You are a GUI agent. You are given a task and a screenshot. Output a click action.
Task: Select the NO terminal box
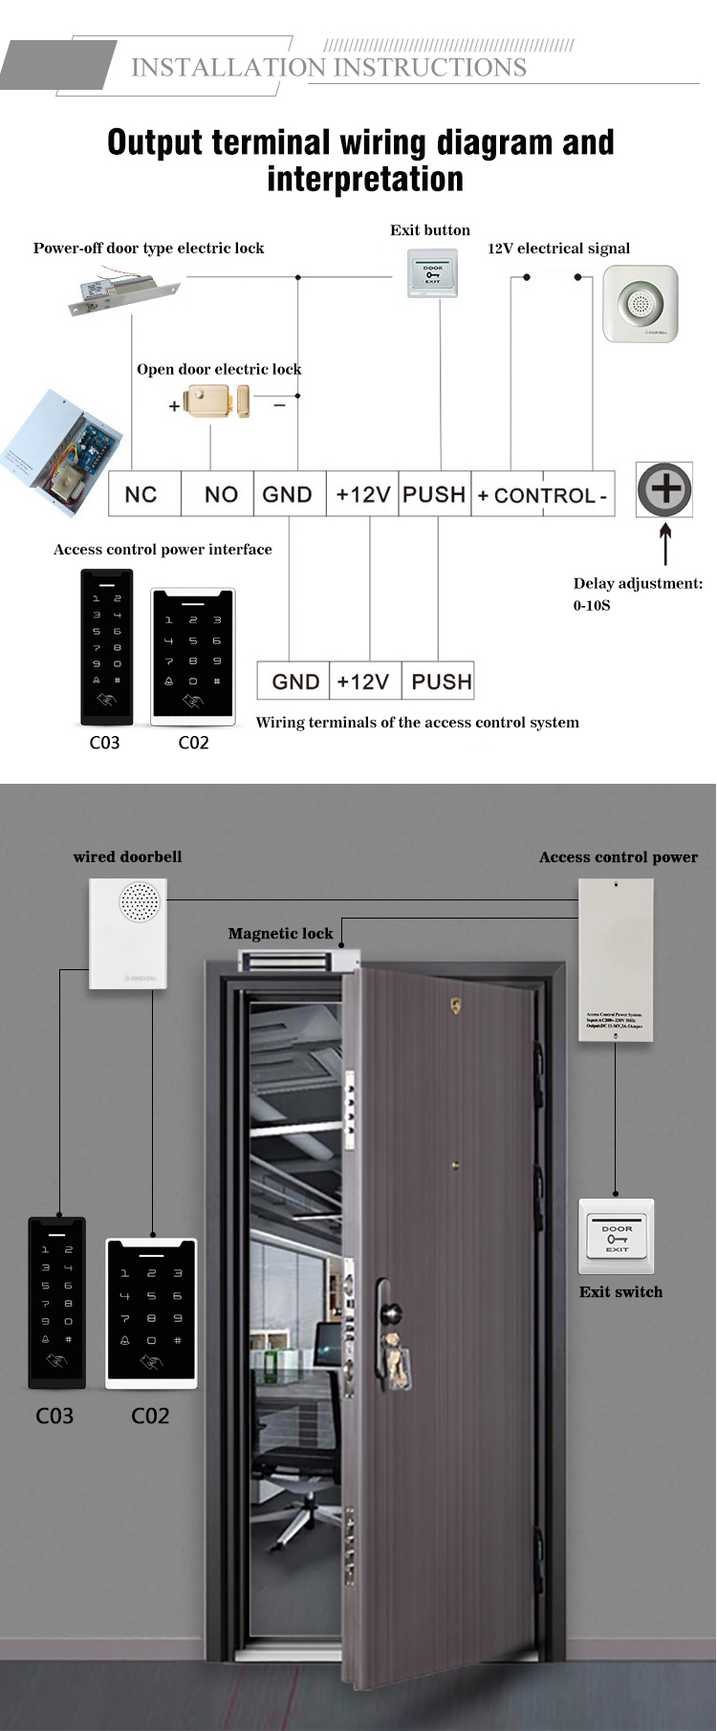219,494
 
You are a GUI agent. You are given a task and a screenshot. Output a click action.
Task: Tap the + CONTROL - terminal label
542,495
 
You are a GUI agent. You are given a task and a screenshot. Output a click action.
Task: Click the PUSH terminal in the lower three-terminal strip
440,682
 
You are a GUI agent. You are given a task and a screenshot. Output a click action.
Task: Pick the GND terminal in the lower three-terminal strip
294,682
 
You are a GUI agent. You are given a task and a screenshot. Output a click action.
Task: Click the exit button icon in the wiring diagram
432,273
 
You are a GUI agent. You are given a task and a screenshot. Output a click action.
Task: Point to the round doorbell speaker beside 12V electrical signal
640,304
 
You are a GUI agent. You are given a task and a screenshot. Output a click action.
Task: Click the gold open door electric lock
216,400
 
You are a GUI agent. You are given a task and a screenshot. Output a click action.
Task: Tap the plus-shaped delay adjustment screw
664,489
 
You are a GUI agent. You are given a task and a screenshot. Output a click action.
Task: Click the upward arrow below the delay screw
665,544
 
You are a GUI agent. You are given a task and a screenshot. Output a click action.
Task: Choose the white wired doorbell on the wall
128,934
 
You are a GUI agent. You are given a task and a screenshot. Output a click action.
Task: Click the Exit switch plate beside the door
617,1236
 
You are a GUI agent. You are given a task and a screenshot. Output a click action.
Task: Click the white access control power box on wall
616,960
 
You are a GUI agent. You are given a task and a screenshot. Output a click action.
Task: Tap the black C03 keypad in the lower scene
57,1303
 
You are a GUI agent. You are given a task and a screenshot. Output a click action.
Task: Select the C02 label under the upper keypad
193,743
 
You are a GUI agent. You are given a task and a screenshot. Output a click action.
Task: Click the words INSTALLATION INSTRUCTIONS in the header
329,68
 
